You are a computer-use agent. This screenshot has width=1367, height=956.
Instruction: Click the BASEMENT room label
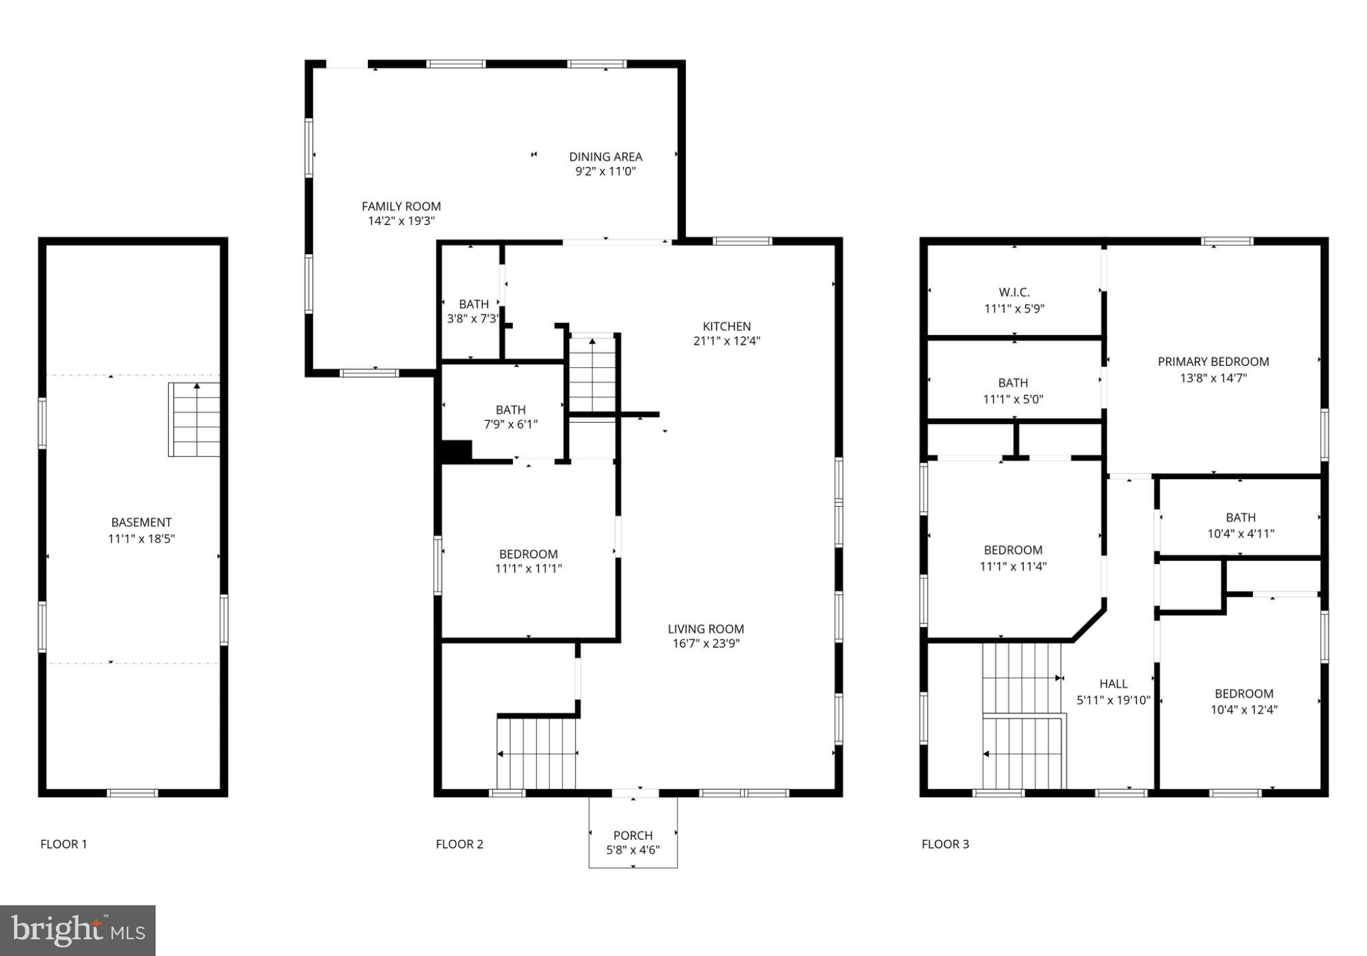click(141, 522)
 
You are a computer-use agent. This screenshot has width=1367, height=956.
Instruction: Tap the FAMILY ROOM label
click(401, 206)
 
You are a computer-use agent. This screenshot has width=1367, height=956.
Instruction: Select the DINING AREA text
click(605, 157)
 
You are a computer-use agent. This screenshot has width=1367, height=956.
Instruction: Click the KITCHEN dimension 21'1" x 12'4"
click(727, 341)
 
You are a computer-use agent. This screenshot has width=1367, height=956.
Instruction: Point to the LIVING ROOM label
click(705, 629)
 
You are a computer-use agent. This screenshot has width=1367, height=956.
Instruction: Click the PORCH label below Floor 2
click(632, 835)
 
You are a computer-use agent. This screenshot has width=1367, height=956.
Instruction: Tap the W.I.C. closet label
click(1014, 292)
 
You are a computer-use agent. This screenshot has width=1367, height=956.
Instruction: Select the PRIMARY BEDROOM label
click(1213, 362)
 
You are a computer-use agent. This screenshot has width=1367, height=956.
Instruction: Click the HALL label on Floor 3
click(1113, 684)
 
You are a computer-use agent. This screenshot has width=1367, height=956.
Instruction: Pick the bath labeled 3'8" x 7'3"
click(473, 311)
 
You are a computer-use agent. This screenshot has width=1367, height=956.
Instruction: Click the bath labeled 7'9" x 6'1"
click(510, 417)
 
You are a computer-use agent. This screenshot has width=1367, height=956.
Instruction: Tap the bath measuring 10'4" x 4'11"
click(1240, 525)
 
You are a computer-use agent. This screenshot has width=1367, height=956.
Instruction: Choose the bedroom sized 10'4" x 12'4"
click(1243, 702)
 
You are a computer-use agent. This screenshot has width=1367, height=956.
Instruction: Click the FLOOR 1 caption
click(63, 844)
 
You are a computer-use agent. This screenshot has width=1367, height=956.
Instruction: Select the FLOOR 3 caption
click(945, 844)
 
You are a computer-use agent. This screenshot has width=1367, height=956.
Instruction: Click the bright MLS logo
click(77, 931)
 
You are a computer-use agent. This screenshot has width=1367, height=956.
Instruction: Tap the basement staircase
click(194, 419)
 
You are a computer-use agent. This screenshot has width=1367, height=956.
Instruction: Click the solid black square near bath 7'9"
click(457, 451)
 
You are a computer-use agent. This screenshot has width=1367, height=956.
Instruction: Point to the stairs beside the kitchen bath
click(592, 374)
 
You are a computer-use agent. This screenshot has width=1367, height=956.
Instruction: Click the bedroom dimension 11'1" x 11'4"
click(1012, 567)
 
